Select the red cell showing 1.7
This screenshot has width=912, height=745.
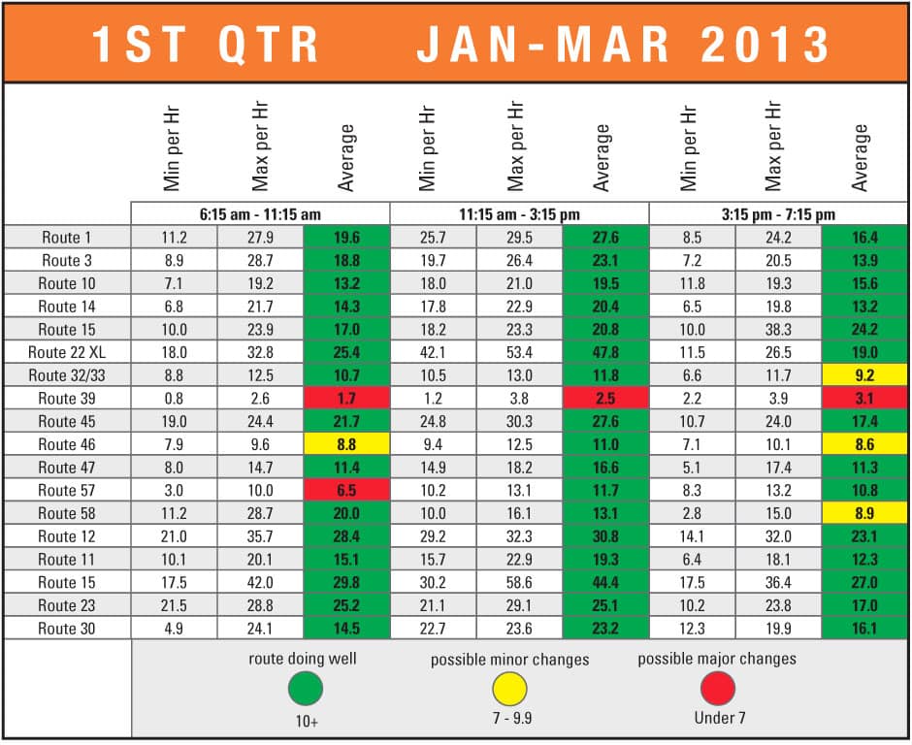pyautogui.click(x=346, y=399)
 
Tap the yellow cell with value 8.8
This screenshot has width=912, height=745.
pyautogui.click(x=346, y=444)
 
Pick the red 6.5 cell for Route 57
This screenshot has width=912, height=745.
pyautogui.click(x=346, y=491)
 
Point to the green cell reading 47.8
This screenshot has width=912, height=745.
pyautogui.click(x=605, y=352)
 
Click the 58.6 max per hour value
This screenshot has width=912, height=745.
pyautogui.click(x=520, y=582)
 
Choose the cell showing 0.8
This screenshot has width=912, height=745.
pyautogui.click(x=174, y=399)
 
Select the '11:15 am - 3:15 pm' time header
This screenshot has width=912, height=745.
pyautogui.click(x=519, y=213)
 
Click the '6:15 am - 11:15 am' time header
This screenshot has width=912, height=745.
pyautogui.click(x=260, y=213)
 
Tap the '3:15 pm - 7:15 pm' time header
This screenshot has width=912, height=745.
pyautogui.click(x=778, y=213)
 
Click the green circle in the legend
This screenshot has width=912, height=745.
pyautogui.click(x=305, y=690)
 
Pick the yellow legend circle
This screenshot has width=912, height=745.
pyautogui.click(x=509, y=690)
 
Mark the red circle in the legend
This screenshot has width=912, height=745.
pyautogui.click(x=717, y=690)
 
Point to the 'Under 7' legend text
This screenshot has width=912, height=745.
pyautogui.click(x=717, y=719)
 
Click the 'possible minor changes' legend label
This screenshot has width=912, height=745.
pyautogui.click(x=510, y=660)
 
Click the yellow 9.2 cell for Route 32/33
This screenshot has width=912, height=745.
pyautogui.click(x=864, y=375)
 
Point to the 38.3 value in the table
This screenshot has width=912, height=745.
pyautogui.click(x=778, y=330)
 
